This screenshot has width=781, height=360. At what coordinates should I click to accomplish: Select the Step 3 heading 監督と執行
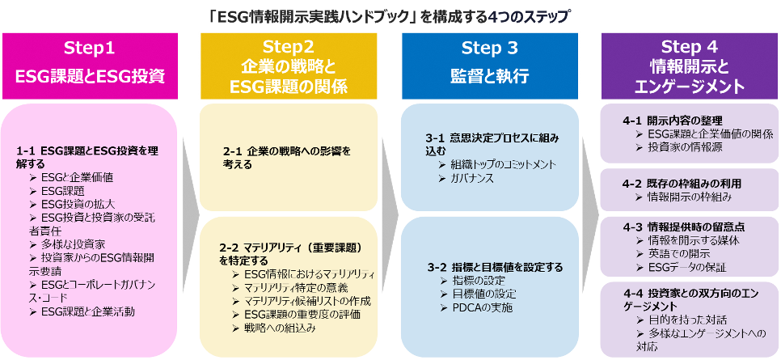(489, 76)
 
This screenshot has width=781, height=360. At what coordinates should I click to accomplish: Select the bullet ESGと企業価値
(77, 177)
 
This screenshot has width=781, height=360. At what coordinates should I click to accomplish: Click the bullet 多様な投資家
(77, 244)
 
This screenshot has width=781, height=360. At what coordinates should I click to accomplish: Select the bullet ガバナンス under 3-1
(473, 178)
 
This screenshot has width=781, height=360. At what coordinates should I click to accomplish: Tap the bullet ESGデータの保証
(687, 267)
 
